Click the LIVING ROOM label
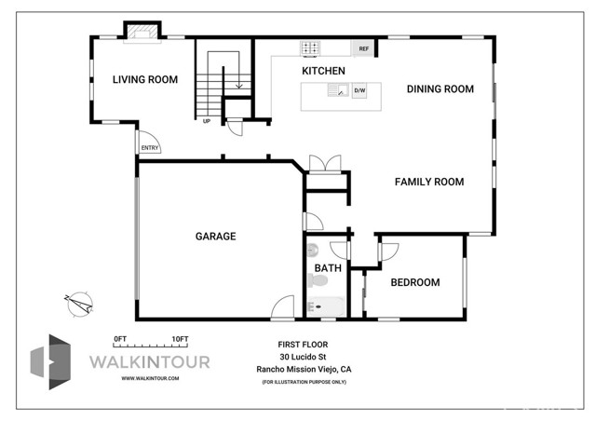[x=145, y=79]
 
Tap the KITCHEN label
[x=323, y=71]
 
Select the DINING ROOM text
[x=440, y=89]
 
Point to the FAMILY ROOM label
[x=429, y=182]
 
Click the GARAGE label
[x=215, y=237]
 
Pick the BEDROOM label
[x=415, y=282]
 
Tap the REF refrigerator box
[x=363, y=48]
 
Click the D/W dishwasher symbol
[x=359, y=90]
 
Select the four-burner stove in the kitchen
[x=310, y=48]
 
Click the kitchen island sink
[x=338, y=90]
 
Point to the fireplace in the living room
[x=142, y=33]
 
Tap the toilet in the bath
[x=318, y=281]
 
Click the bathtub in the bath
[x=326, y=306]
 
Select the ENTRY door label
[x=150, y=148]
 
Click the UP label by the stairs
[x=207, y=121]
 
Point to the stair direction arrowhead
[x=238, y=87]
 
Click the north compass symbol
[x=79, y=305]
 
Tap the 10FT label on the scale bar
[x=180, y=339]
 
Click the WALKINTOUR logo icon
[x=50, y=362]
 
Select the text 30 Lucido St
[x=303, y=357]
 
